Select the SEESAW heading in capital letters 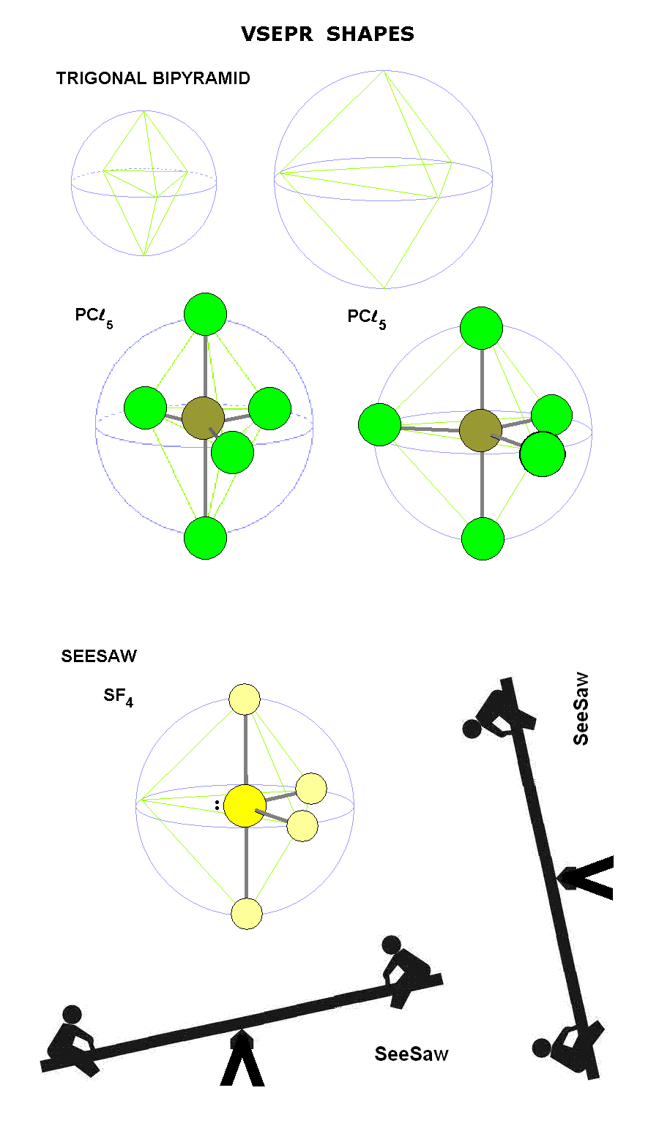(x=99, y=656)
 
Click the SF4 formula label (x=118, y=696)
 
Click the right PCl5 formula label (x=366, y=318)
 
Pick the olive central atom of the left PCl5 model (x=203, y=418)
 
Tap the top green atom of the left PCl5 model (x=205, y=315)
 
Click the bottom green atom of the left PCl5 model (x=206, y=538)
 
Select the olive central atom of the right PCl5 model (x=480, y=430)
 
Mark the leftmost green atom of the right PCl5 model (x=380, y=424)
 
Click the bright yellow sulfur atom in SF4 (x=245, y=806)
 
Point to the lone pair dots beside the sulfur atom (x=217, y=805)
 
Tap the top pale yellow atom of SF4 (x=245, y=699)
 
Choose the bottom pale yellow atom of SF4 (x=247, y=914)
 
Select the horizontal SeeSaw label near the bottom (x=412, y=1054)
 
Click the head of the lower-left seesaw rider (x=72, y=1015)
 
